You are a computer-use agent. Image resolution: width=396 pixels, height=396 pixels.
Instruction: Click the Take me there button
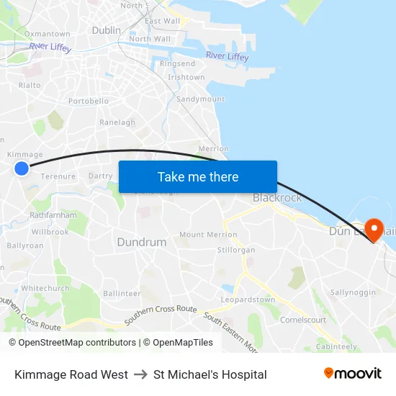click(x=198, y=176)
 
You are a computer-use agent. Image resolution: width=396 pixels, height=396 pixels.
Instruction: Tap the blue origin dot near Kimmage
click(x=22, y=168)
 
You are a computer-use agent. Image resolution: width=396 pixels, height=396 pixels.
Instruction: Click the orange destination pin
click(x=374, y=230)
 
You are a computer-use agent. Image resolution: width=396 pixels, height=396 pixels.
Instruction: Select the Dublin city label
click(x=107, y=30)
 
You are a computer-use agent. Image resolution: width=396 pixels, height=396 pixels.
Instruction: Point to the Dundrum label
click(x=142, y=242)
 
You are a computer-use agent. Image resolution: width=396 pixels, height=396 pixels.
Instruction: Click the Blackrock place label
click(x=277, y=197)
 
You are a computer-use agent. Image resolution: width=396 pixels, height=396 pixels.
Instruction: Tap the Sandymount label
click(x=201, y=99)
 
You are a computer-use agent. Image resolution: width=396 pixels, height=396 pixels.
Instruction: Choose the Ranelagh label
click(x=117, y=122)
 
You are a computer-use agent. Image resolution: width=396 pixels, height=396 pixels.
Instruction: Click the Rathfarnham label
click(x=53, y=215)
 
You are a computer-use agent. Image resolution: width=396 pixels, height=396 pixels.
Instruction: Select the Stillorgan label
click(x=236, y=250)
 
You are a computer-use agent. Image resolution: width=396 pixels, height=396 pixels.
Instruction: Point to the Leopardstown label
click(x=248, y=300)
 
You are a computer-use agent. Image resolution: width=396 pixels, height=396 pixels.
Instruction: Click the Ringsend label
click(x=177, y=64)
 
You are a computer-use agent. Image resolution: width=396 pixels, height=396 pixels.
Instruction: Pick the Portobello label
click(x=89, y=102)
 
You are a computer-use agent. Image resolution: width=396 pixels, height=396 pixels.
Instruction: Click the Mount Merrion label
click(x=208, y=235)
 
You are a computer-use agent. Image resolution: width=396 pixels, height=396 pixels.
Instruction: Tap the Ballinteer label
click(x=122, y=293)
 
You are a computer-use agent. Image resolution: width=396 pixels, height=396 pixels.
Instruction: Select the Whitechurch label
click(x=45, y=288)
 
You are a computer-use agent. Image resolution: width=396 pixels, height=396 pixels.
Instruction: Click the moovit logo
click(x=352, y=374)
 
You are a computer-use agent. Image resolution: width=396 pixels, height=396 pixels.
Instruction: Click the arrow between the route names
click(x=140, y=374)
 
